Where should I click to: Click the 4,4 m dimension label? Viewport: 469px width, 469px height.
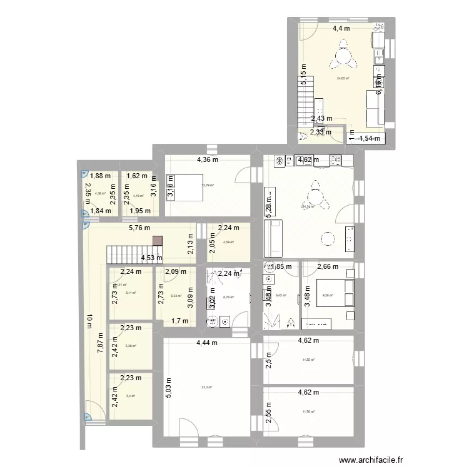tap(341, 28)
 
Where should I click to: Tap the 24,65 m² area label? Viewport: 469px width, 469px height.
tap(343, 78)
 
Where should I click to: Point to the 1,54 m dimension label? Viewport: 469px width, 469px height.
tap(370, 139)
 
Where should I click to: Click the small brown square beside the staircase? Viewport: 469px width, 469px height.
tap(157, 241)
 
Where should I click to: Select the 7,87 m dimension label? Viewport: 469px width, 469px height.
tap(100, 345)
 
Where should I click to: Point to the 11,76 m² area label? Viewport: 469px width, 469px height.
tap(308, 411)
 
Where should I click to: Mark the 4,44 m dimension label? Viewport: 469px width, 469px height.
tap(206, 343)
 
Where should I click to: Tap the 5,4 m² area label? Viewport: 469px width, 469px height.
tap(130, 395)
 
